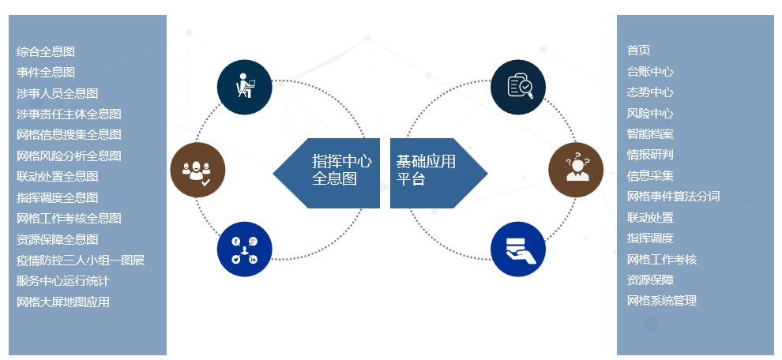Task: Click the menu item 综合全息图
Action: coord(46,51)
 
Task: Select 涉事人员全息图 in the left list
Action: coord(57,93)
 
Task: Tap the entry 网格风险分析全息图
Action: coord(69,156)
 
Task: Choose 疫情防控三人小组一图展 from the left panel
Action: coord(80,260)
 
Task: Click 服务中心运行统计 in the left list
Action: coord(62,280)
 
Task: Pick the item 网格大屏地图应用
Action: coord(62,302)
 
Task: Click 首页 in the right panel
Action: coord(638,50)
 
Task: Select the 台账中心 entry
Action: coord(649,71)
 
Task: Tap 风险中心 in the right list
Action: coord(649,113)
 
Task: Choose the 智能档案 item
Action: coord(649,133)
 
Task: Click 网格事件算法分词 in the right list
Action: coord(673,196)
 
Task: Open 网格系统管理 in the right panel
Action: coord(661,301)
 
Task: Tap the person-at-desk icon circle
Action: coord(245,87)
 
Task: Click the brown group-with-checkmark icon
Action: coord(197,171)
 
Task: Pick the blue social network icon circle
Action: coord(245,249)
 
